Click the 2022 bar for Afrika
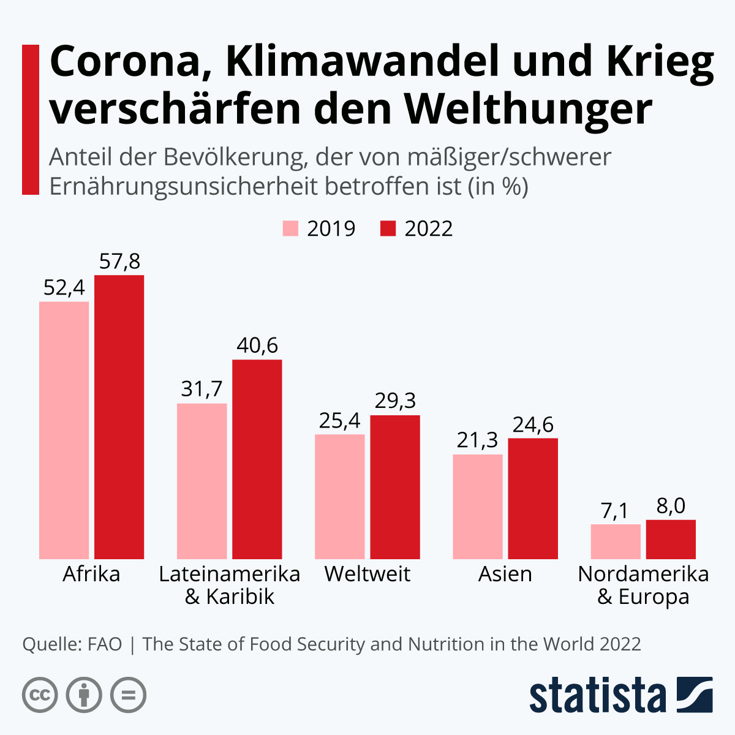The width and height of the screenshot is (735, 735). [x=119, y=417]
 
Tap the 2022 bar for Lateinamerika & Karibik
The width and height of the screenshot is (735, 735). [x=257, y=459]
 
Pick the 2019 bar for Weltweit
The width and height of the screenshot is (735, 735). [x=339, y=496]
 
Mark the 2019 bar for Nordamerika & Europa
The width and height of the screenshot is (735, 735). [x=616, y=541]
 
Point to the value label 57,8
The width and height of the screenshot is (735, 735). [x=119, y=262]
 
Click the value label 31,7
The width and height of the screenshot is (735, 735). [x=202, y=389]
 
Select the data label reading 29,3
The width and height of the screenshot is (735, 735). [x=395, y=401]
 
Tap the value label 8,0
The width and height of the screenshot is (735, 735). [x=671, y=506]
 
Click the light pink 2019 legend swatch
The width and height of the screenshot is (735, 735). [x=290, y=228]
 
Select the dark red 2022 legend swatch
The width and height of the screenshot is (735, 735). [x=388, y=228]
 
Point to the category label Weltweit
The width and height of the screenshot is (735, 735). [x=367, y=574]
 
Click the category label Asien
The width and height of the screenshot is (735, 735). [x=505, y=574]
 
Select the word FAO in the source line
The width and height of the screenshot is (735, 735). [x=105, y=644]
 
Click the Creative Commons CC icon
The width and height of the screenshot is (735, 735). [x=40, y=695]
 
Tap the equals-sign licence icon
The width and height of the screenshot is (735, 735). [x=128, y=695]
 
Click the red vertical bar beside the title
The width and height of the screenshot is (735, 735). [x=30, y=119]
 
